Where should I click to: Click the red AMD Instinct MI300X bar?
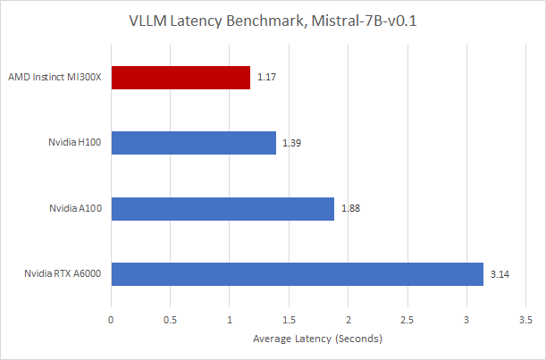pos(181,78)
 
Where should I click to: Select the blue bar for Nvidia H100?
pos(193,143)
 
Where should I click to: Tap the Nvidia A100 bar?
pos(223,208)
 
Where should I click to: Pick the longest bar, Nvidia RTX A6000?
pos(297,273)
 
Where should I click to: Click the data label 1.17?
pos(265,78)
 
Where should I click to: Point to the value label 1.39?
pos(291,143)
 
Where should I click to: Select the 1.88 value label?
pos(349,208)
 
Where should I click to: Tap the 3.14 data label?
pos(500,273)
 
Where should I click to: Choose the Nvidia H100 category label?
pos(74,143)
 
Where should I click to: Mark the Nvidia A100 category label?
pos(74,208)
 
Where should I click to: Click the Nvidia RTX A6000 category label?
pos(63,273)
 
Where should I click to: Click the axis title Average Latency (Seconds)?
pos(317,339)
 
